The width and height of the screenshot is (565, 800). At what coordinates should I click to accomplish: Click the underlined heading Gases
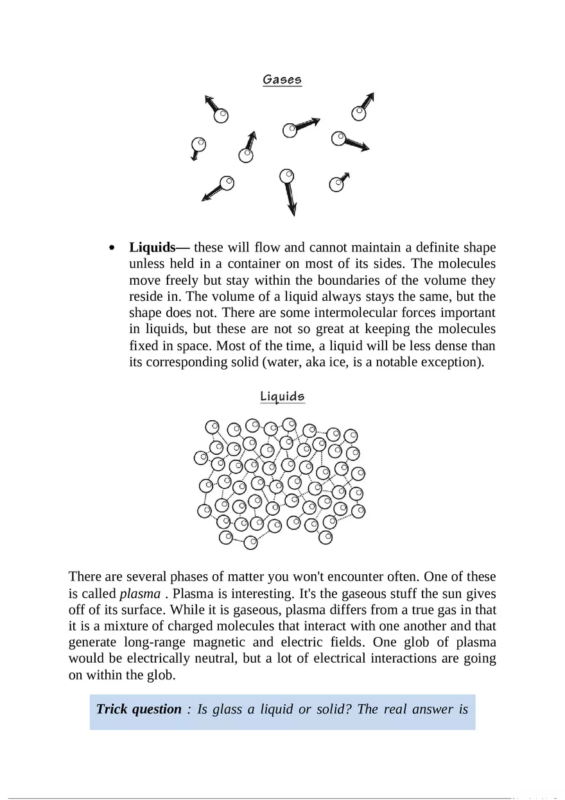[282, 80]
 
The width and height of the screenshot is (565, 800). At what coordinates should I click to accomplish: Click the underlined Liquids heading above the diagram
[282, 396]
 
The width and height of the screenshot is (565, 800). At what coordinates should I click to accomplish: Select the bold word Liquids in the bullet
[152, 248]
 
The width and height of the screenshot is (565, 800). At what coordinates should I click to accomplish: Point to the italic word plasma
[140, 593]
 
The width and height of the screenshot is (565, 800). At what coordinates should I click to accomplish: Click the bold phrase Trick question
[139, 709]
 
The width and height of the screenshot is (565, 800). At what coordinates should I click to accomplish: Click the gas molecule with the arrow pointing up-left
[220, 115]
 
